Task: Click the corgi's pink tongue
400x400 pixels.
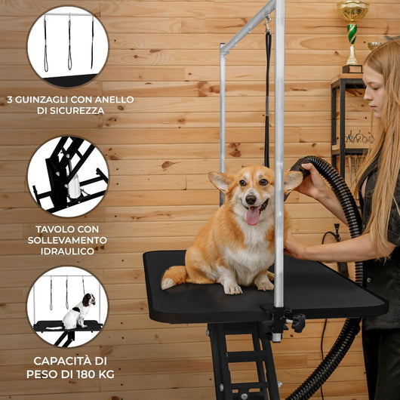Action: (252, 216)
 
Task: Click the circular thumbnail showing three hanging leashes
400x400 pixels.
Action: (68, 46)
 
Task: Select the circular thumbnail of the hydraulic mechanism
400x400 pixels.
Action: (68, 176)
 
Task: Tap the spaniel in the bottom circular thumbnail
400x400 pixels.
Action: (78, 312)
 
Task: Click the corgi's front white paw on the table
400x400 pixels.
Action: (232, 288)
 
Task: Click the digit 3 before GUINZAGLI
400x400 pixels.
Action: (9, 100)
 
